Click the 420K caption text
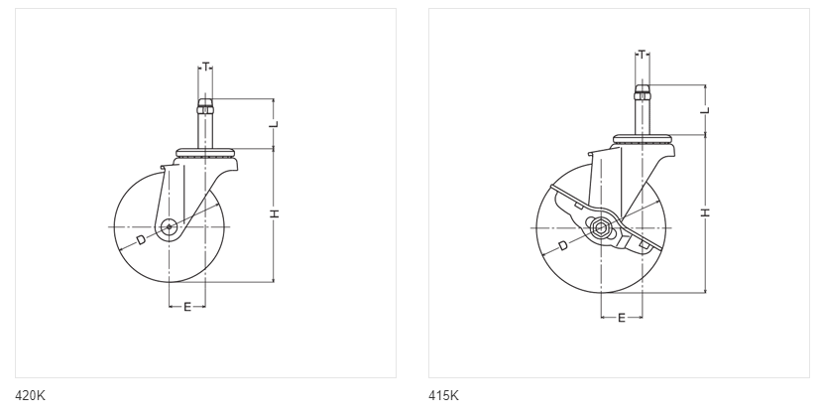pos(30,395)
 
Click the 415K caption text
pos(443,395)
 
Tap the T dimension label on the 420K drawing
pos(206,67)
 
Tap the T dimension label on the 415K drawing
pos(642,55)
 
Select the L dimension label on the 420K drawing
pos(274,124)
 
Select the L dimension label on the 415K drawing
pos(705,110)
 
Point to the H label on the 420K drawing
pos(274,213)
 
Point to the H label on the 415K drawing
pos(705,212)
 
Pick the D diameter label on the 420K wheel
pos(141,240)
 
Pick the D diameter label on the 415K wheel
pos(562,245)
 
